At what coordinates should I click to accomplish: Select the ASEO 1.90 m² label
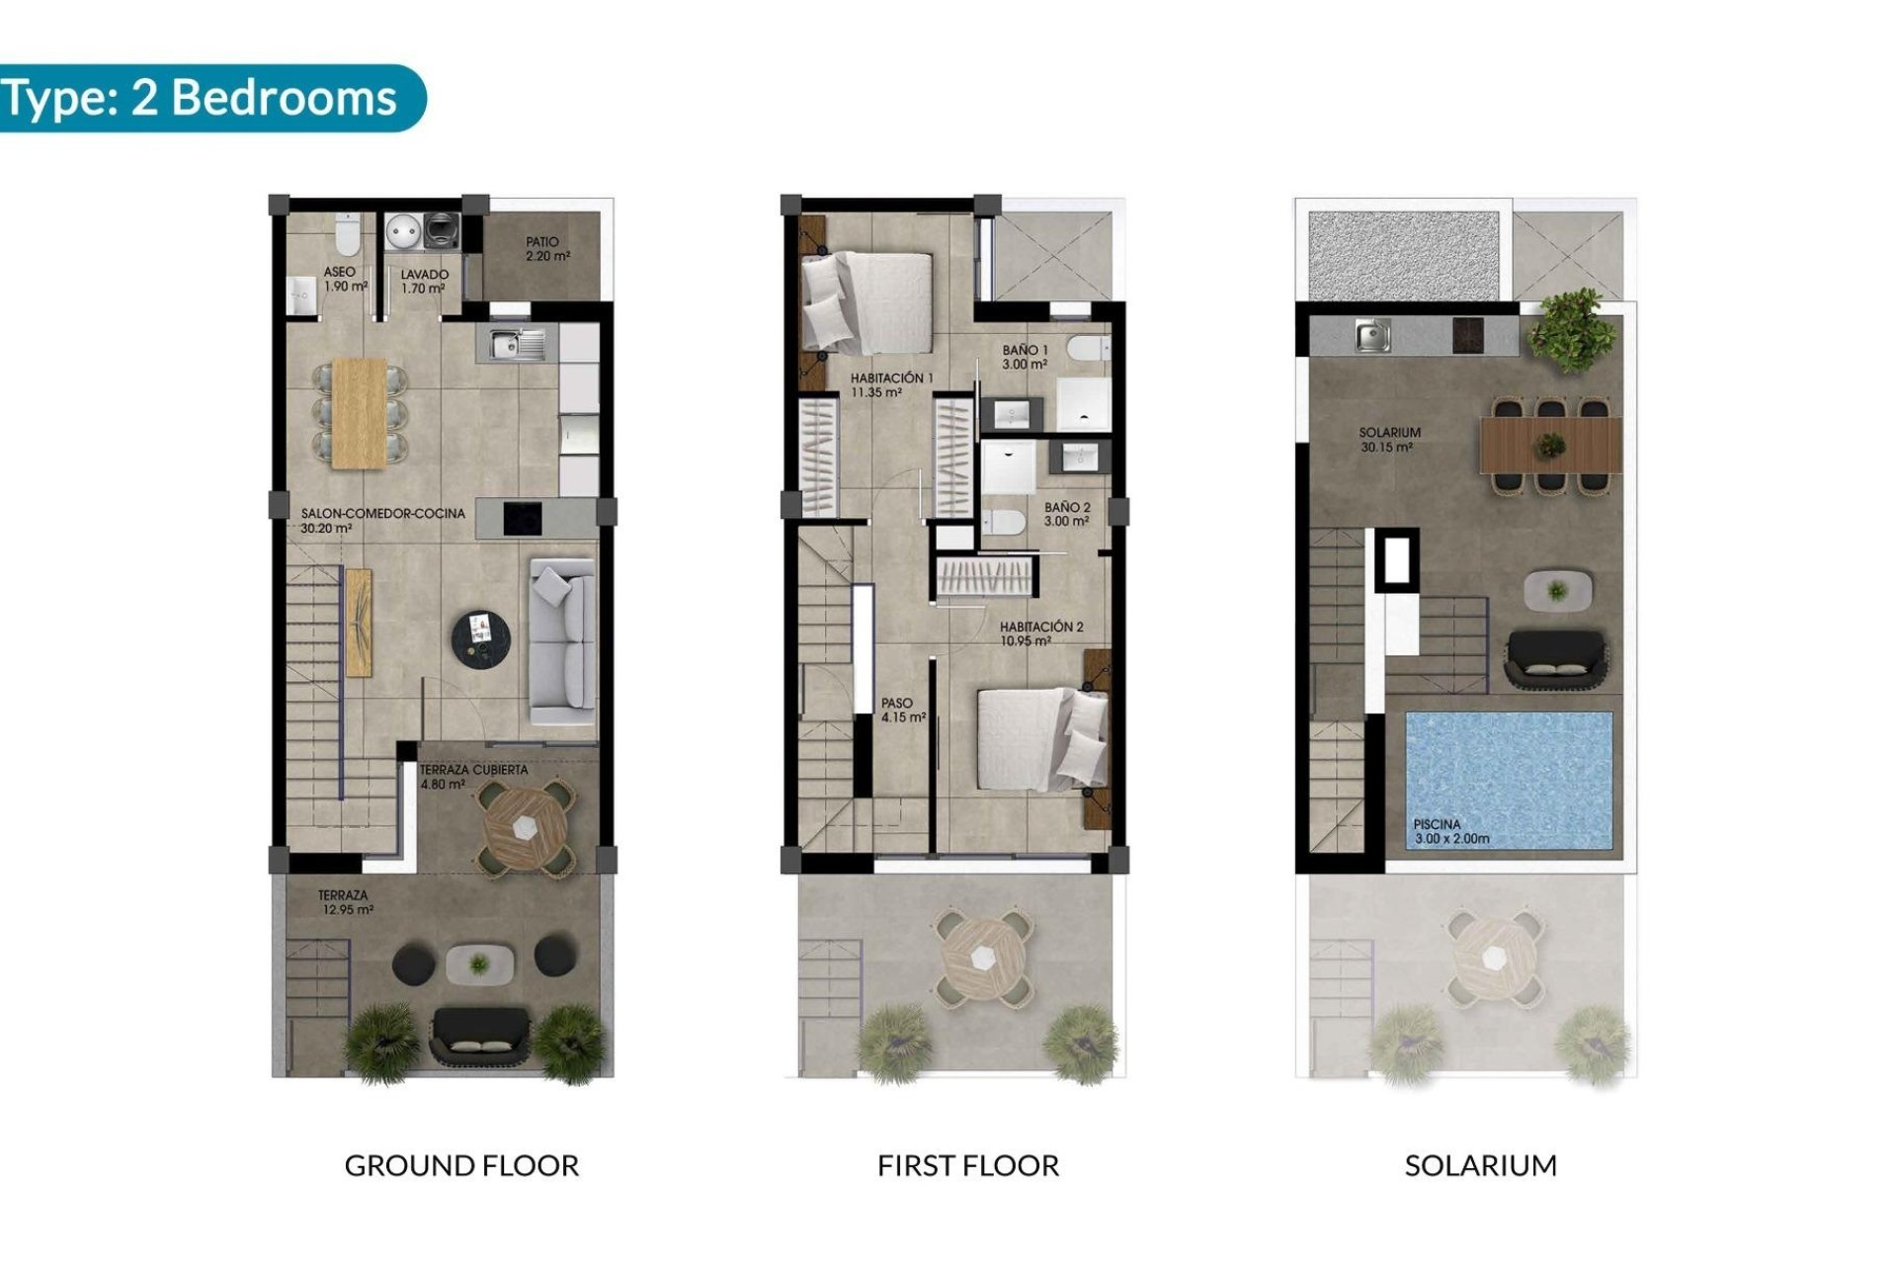click(344, 279)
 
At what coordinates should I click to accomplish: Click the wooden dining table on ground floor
click(360, 412)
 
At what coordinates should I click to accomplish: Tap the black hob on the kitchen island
click(523, 519)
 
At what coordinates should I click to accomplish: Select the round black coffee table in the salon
click(481, 637)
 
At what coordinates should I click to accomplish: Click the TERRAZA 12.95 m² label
click(345, 902)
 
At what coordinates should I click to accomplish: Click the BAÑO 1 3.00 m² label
click(1025, 357)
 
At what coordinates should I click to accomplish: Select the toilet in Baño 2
click(1003, 521)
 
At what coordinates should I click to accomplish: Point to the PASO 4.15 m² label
click(902, 711)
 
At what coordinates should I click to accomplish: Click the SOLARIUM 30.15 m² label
click(1389, 440)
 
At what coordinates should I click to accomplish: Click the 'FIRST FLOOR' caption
click(967, 1165)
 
